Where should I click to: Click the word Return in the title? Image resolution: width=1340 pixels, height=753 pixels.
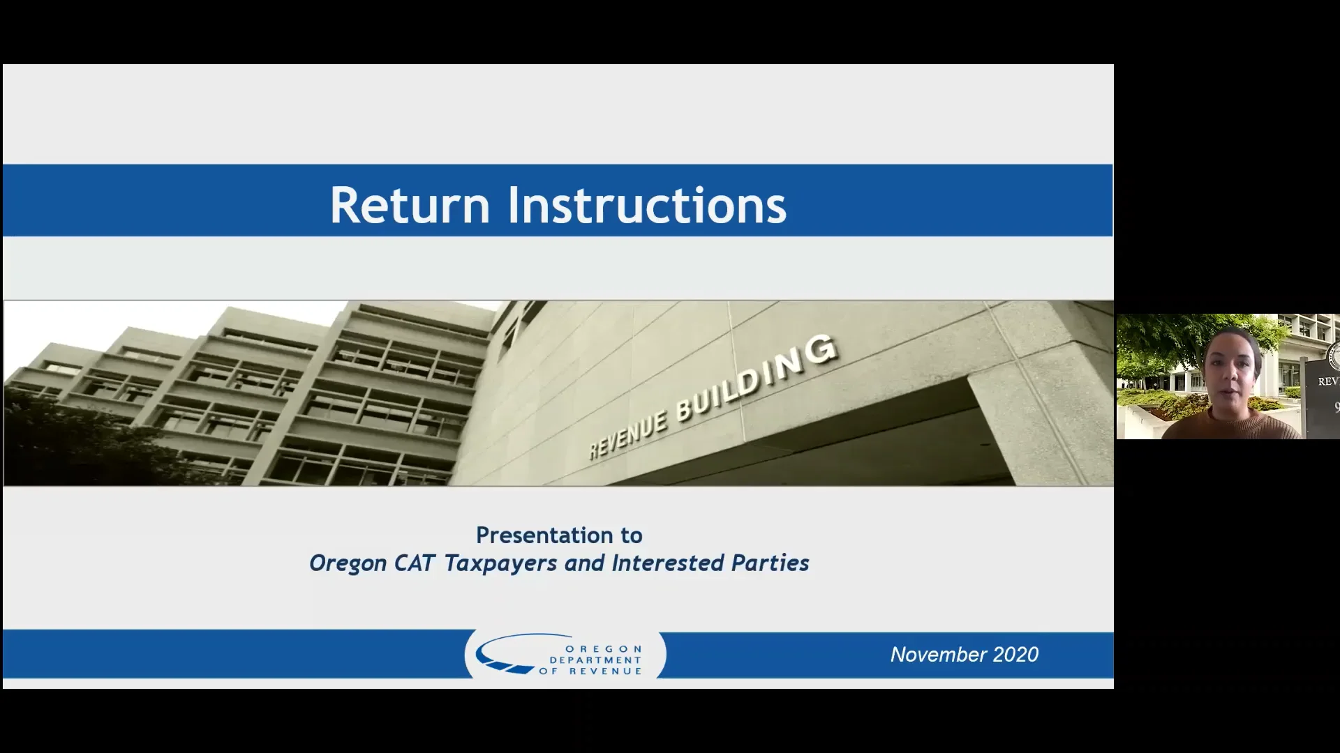tap(410, 205)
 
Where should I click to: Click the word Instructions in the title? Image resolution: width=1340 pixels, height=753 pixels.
tap(646, 205)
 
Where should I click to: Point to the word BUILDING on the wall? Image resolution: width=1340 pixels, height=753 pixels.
tap(757, 377)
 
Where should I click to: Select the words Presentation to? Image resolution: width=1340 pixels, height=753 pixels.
tap(559, 535)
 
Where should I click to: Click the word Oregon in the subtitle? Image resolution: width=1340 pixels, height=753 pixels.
tap(348, 563)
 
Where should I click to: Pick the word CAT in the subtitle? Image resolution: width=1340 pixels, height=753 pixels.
tap(415, 563)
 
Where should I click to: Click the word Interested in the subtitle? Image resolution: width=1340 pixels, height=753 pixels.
tap(667, 563)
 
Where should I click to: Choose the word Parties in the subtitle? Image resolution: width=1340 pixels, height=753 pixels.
tap(770, 563)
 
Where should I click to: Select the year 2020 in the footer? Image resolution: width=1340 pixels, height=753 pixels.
tap(1015, 655)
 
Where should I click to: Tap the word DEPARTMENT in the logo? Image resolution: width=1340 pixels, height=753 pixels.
tap(595, 660)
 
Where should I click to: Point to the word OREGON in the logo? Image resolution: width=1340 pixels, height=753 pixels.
tap(603, 649)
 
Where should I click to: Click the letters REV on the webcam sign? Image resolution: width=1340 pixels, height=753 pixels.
tap(1327, 381)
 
